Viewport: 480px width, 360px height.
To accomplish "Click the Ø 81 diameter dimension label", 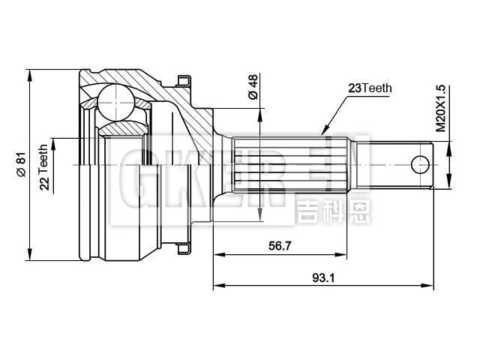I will click(21, 161).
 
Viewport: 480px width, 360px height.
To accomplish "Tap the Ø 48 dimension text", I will click(253, 87).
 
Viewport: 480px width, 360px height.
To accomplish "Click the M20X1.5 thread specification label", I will click(442, 109).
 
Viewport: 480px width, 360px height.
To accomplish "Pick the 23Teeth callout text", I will click(370, 88).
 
